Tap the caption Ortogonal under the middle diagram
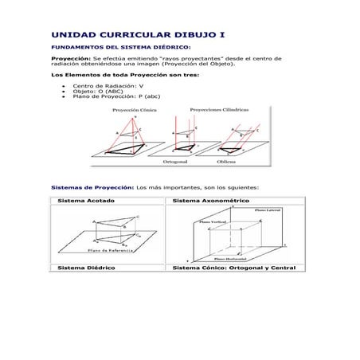click(x=176, y=160)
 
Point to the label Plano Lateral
click(x=267, y=211)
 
